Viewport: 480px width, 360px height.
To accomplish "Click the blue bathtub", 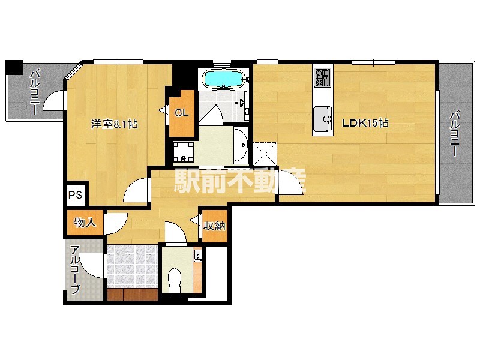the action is pyautogui.click(x=224, y=79).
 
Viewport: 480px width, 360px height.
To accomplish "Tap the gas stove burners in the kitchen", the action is pyautogui.click(x=323, y=77).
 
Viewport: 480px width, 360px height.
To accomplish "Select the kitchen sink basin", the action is pyautogui.click(x=322, y=119).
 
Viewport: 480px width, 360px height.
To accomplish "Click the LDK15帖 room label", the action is pyautogui.click(x=365, y=123).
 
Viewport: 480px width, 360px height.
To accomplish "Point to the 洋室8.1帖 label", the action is pyautogui.click(x=114, y=124).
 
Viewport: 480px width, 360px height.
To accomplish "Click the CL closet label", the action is pyautogui.click(x=182, y=113).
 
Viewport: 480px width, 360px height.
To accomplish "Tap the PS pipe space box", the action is pyautogui.click(x=76, y=194).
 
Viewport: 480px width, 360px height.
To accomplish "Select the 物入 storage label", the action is pyautogui.click(x=85, y=223).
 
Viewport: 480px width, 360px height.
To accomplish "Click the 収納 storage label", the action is pyautogui.click(x=215, y=226).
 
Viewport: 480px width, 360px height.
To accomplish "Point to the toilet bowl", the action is pyautogui.click(x=175, y=280).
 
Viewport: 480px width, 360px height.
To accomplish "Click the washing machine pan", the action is pyautogui.click(x=183, y=152).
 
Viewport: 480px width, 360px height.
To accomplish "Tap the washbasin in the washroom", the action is pyautogui.click(x=241, y=146).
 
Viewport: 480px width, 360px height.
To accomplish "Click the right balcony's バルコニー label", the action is pyautogui.click(x=455, y=134).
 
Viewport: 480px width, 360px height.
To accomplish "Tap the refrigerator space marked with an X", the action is pyautogui.click(x=265, y=154).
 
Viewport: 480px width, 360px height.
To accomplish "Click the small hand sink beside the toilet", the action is pyautogui.click(x=197, y=254).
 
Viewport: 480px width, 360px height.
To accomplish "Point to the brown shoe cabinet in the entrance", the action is pyautogui.click(x=133, y=294).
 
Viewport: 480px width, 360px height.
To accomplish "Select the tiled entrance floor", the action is pyautogui.click(x=133, y=266).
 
